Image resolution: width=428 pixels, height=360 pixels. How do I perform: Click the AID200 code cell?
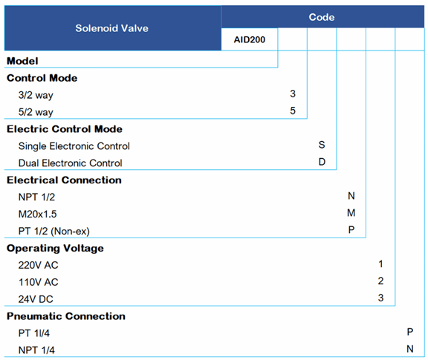point(249,39)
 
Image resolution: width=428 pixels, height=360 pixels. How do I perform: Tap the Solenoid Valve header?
point(111,28)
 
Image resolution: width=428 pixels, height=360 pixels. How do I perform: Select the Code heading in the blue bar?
point(321,16)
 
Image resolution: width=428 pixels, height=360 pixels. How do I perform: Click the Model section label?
point(22,61)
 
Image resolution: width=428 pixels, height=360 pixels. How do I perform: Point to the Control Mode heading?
point(42,78)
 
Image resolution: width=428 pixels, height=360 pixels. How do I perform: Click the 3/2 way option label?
point(36,95)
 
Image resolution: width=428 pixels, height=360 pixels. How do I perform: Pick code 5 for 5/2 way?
point(293,112)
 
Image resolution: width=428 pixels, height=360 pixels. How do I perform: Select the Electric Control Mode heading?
point(65,129)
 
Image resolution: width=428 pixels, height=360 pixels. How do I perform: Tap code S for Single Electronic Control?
point(322,145)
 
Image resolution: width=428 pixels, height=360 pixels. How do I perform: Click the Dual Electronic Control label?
point(70,163)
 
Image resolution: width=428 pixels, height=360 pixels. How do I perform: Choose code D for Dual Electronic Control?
point(322,163)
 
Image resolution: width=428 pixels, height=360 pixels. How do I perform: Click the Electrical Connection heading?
point(64,180)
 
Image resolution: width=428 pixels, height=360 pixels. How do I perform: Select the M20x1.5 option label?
point(39,214)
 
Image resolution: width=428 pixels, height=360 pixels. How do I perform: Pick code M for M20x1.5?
point(351,214)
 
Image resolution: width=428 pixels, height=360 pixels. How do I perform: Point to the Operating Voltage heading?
point(55,248)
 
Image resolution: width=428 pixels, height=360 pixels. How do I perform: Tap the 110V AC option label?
point(38,282)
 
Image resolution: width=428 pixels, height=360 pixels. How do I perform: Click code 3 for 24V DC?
point(380,298)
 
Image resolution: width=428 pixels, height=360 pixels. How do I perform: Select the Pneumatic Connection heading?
point(66,316)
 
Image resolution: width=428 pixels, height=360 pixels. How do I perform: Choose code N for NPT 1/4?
point(409,350)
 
